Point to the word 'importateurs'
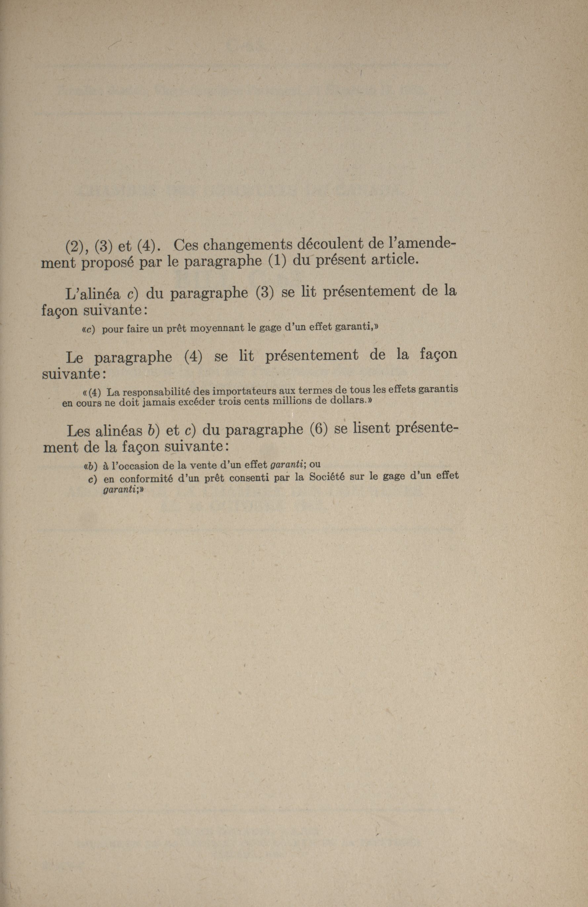pos(240,391)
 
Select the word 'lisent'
pos(368,428)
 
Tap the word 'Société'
pos(326,477)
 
